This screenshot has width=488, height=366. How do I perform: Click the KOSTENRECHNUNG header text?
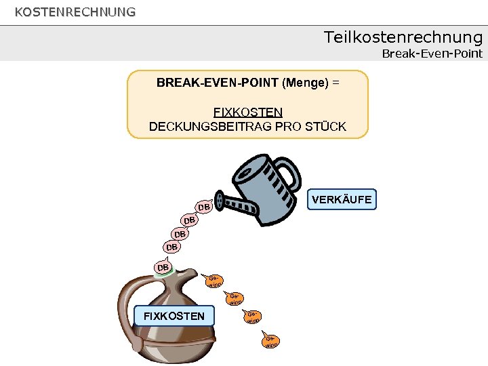75,12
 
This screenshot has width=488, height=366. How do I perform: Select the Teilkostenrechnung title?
403,37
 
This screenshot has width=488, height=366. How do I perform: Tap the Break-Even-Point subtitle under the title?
432,54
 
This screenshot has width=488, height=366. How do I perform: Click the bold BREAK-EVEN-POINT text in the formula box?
217,83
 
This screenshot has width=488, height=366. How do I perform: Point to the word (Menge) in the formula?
305,83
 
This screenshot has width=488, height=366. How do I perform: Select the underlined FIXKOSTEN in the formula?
248,112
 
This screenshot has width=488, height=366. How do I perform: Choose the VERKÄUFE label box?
342,199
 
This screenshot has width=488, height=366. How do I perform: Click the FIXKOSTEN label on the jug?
174,316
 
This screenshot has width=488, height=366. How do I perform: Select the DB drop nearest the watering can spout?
203,206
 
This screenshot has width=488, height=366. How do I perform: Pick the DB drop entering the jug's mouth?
163,268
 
